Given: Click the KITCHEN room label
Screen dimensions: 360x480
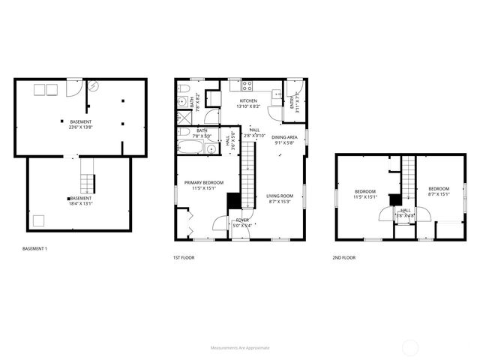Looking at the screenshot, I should [x=248, y=100].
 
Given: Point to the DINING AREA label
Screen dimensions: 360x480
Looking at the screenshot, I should [x=284, y=137].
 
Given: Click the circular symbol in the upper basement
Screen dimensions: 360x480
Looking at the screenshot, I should [x=93, y=86].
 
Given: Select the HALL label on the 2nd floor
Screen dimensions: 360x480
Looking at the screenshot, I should [x=405, y=210].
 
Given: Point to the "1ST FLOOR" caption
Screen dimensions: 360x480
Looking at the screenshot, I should [x=184, y=259].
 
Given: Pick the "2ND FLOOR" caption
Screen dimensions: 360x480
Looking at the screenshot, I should [x=344, y=259].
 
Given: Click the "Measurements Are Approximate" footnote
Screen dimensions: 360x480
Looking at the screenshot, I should [x=240, y=348].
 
